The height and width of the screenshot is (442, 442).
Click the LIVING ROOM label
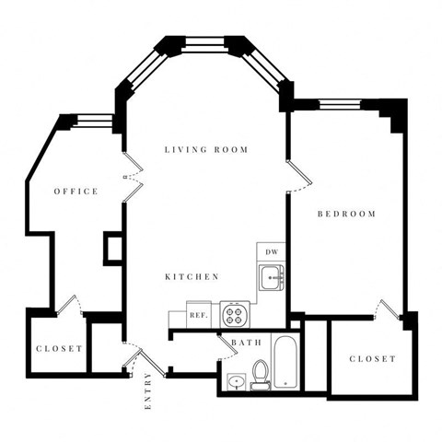(206, 149)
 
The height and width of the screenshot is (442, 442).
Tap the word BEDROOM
(346, 215)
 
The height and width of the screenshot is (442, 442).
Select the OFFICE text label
(76, 192)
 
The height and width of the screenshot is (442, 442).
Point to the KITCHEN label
(191, 276)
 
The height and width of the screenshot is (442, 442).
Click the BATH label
(246, 343)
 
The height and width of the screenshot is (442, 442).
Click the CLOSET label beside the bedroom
(373, 358)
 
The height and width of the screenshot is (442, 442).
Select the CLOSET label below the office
(59, 349)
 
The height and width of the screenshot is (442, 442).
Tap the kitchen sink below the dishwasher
(272, 275)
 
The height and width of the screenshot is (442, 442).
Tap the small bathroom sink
(235, 380)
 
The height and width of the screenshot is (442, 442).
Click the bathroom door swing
(226, 346)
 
